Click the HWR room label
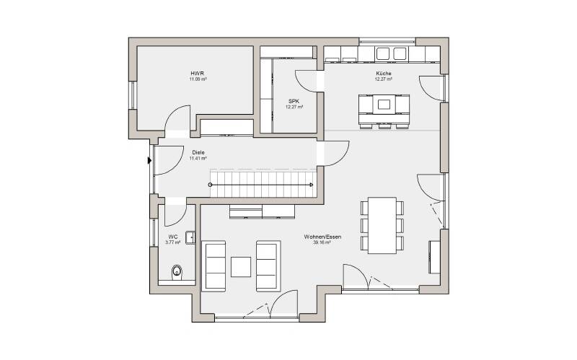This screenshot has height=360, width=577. point(198,74)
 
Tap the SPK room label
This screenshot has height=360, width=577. point(294,101)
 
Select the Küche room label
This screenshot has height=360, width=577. point(383,74)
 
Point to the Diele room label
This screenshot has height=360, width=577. point(198,152)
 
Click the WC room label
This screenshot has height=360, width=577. point(172,237)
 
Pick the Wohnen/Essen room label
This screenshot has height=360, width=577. point(322,237)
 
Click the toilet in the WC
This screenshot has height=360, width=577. point(176,272)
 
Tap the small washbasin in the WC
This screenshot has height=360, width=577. point(190,236)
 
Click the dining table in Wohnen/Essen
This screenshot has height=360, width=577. point(382,224)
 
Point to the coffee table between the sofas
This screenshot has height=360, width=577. point(241,266)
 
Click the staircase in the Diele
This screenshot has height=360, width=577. point(261,184)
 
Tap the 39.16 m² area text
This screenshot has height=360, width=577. point(322,243)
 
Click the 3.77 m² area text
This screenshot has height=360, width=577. point(172,242)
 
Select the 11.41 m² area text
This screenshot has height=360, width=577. point(198,158)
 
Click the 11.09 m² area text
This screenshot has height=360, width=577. point(198,79)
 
